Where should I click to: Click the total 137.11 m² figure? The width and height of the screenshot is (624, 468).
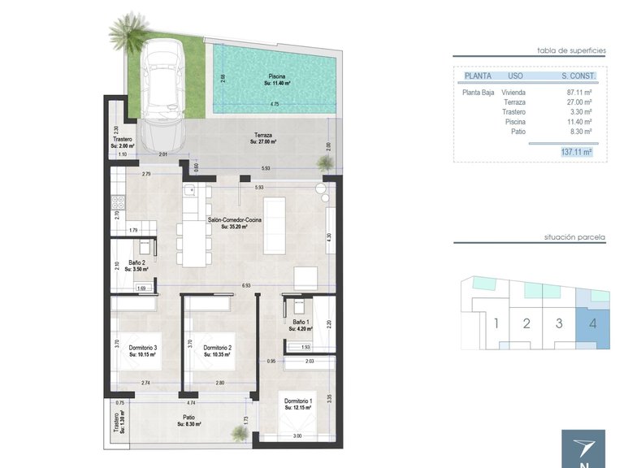click(576, 151)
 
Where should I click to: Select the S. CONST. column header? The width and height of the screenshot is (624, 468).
click(578, 76)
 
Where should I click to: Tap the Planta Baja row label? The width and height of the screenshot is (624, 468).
click(478, 93)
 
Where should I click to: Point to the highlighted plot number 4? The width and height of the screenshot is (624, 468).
click(592, 323)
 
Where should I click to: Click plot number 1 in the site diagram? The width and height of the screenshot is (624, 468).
click(496, 323)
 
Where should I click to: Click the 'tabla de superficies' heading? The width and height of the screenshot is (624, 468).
click(572, 50)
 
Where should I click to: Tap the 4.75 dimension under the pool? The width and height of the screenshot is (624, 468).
click(275, 104)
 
